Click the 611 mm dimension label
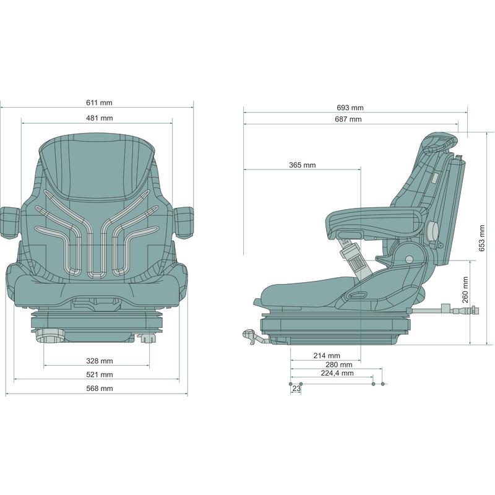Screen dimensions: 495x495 click(99, 103)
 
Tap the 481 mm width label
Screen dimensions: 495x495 click(100, 118)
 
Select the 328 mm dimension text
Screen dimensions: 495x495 click(100, 361)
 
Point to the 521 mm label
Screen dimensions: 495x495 click(100, 374)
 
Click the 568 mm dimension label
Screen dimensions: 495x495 click(100, 389)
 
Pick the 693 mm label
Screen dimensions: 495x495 click(350, 108)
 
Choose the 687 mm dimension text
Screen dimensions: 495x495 click(348, 119)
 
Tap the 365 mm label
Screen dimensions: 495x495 click(303, 165)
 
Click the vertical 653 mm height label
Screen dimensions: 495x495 click(482, 238)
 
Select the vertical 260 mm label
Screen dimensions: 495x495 click(465, 290)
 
